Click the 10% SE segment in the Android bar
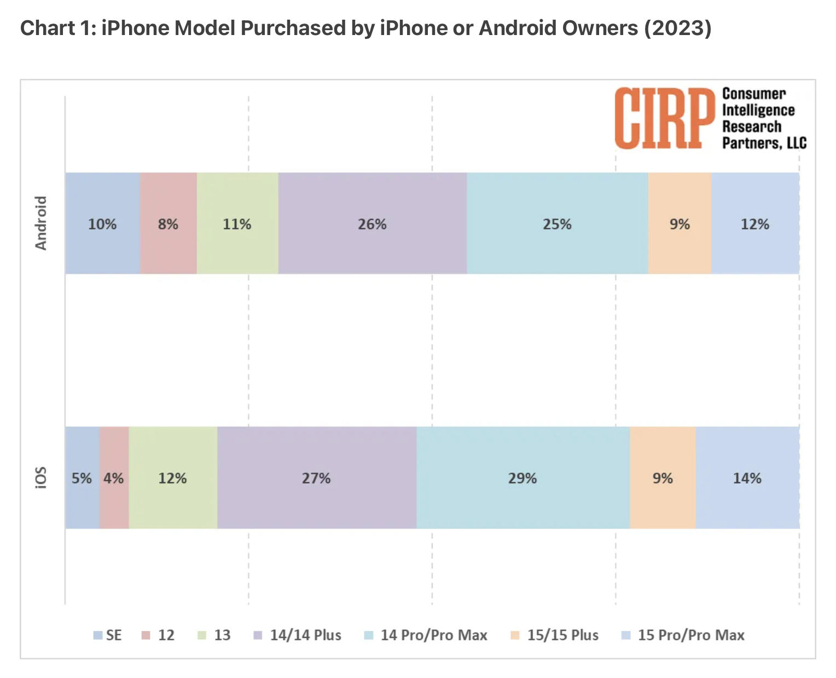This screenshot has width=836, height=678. pos(102,223)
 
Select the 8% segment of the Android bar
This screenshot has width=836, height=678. pos(168,223)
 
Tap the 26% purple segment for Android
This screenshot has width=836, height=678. pos(372,223)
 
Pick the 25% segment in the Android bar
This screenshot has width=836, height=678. pos(557,223)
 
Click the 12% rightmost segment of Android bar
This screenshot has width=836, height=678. pos(755,223)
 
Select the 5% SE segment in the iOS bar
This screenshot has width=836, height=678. pos(82,478)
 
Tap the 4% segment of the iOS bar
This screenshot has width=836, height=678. pos(114,478)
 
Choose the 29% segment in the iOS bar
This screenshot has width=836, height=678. pos(522,478)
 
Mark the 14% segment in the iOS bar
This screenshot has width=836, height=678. pos(747,478)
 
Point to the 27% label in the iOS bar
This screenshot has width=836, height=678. pos(316,478)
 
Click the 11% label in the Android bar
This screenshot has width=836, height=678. pos(237,224)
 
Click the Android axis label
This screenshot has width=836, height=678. pos(41,223)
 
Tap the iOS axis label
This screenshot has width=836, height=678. pos(41,478)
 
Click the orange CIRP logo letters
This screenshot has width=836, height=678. pos(664,118)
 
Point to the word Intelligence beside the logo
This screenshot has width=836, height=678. pos(758,110)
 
